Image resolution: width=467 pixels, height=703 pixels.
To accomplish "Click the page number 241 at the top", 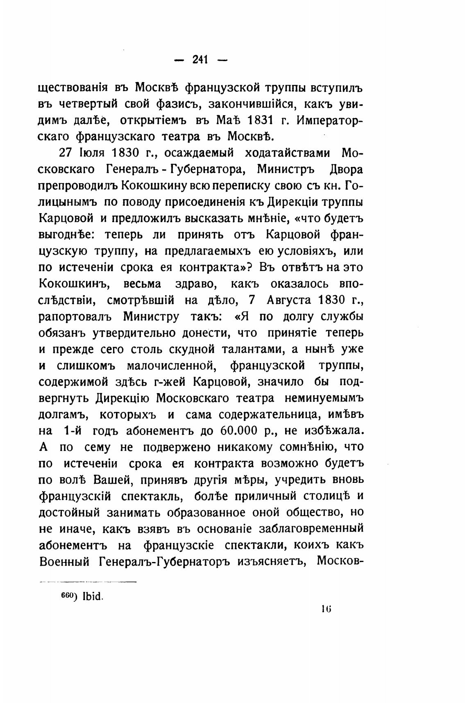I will (200, 60).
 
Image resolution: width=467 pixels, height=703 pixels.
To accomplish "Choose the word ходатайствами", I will (288, 153).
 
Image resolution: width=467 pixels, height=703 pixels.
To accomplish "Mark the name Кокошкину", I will (155, 186).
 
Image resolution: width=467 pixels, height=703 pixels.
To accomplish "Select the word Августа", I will (289, 300).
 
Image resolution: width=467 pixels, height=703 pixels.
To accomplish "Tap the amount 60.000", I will (240, 431).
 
